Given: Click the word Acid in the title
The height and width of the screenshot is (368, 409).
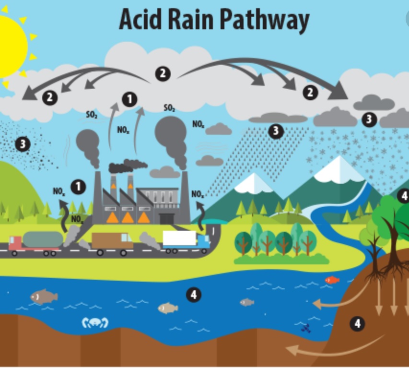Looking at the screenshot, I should point(140,20).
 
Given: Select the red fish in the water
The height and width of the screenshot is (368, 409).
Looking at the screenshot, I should point(331,280).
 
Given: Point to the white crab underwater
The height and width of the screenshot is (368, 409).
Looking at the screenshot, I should point(95,322).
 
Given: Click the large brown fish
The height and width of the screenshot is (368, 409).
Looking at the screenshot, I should point(44,297).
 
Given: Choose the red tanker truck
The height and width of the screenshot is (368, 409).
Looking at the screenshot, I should point(36,242).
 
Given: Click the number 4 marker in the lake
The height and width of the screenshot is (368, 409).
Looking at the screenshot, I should point(193,295).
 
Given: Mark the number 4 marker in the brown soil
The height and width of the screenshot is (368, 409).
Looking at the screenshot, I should point(357,324).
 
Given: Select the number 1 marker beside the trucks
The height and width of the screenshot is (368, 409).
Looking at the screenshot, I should point(78,187).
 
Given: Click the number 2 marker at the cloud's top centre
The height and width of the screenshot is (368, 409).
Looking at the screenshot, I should point(163,73).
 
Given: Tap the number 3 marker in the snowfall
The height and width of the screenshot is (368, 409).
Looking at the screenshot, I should point(368,119).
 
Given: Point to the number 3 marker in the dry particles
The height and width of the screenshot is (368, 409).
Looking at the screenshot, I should point(22,143).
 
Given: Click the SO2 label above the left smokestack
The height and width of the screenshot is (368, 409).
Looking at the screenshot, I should point(92,115).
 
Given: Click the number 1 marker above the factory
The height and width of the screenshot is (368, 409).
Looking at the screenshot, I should point(129,99).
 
